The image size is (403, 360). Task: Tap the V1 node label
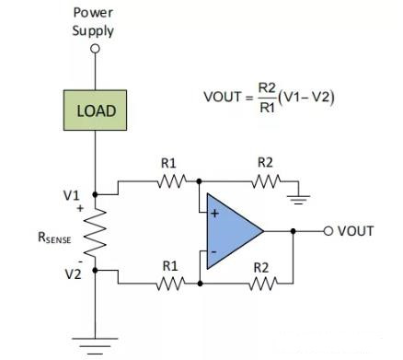click(x=72, y=195)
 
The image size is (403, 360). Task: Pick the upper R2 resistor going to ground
click(x=264, y=181)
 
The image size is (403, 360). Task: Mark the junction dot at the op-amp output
click(x=293, y=231)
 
